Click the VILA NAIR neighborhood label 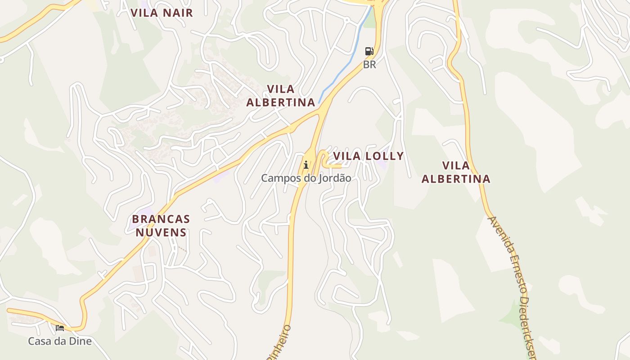162,13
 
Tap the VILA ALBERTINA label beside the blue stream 281,95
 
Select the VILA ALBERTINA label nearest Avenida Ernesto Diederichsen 456,172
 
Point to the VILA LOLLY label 368,156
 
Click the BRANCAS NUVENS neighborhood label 161,226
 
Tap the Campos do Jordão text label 306,178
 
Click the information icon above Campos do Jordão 306,165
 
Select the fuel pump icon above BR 369,51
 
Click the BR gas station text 369,65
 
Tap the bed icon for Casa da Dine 60,328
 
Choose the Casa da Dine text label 60,341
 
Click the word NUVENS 161,233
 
